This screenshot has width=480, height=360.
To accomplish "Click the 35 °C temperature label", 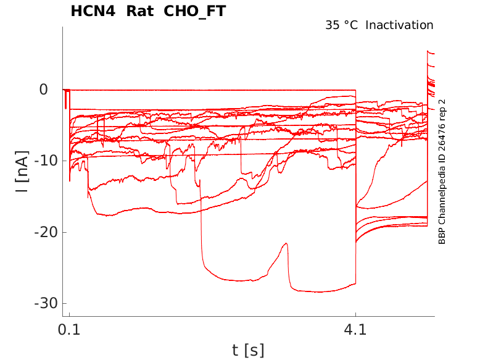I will (342, 25).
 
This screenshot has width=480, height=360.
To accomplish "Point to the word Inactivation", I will (400, 25).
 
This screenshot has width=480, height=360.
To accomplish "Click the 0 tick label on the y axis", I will (43, 90).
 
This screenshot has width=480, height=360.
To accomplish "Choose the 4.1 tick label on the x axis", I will (355, 330).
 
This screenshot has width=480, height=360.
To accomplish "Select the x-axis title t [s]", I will (248, 351).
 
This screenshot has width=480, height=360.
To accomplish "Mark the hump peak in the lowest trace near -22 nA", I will (286, 244).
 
